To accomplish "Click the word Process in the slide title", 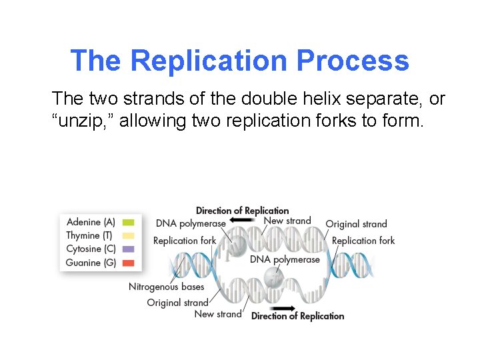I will pyautogui.click(x=353, y=61).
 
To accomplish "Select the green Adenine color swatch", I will pyautogui.click(x=129, y=222).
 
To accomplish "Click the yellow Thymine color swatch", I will pyautogui.click(x=129, y=235).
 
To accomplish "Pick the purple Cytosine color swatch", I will pyautogui.click(x=129, y=249).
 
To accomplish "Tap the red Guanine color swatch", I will pyautogui.click(x=129, y=263).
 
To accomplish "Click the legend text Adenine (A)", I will pyautogui.click(x=91, y=222).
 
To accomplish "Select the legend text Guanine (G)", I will pyautogui.click(x=91, y=263).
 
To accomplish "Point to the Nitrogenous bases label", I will pyautogui.click(x=166, y=287).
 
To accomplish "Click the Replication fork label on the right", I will pyautogui.click(x=363, y=241).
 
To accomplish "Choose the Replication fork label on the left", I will pyautogui.click(x=185, y=241).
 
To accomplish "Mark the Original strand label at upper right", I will pyautogui.click(x=356, y=224).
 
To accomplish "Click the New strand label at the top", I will pyautogui.click(x=287, y=221).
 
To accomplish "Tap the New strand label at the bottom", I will pyautogui.click(x=218, y=314).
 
